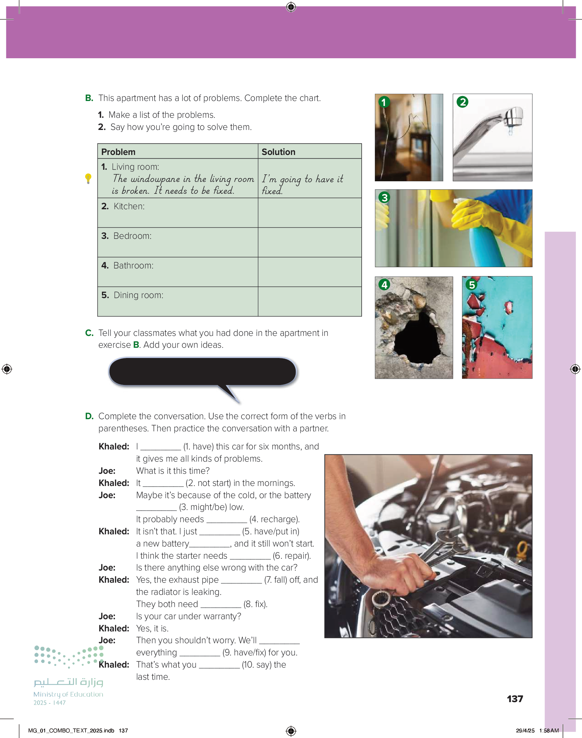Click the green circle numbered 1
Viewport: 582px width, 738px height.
point(384,102)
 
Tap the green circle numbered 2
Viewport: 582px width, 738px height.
point(462,102)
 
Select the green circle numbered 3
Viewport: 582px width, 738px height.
point(384,197)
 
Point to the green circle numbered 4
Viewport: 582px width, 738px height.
point(384,284)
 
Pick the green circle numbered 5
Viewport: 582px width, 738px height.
point(472,284)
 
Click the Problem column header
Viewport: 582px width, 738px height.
point(118,152)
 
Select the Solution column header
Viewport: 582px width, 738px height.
point(279,152)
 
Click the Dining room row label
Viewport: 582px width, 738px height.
point(133,295)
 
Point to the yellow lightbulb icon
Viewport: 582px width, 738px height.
point(88,178)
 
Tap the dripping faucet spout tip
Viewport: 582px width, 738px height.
point(510,127)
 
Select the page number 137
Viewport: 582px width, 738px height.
point(515,699)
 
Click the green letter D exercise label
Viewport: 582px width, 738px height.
point(89,416)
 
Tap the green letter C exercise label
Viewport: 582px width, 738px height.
point(89,333)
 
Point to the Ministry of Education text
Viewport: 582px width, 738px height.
point(68,694)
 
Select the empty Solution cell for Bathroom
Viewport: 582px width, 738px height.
point(310,272)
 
